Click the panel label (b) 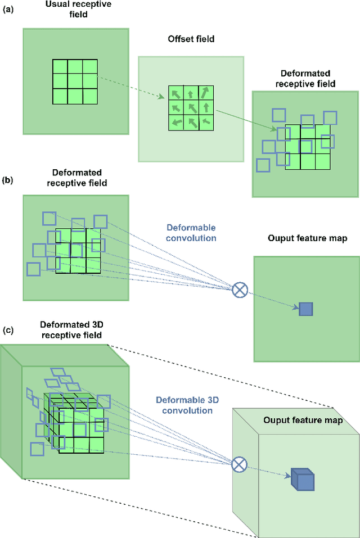(8, 181)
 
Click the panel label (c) (8, 331)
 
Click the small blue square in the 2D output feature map (305, 309)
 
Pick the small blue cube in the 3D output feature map (302, 480)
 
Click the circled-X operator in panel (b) (240, 290)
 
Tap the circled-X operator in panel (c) (240, 464)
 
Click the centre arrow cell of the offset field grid (191, 107)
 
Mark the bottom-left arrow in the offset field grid (177, 121)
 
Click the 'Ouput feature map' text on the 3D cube (303, 420)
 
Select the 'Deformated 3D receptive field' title (71, 330)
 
